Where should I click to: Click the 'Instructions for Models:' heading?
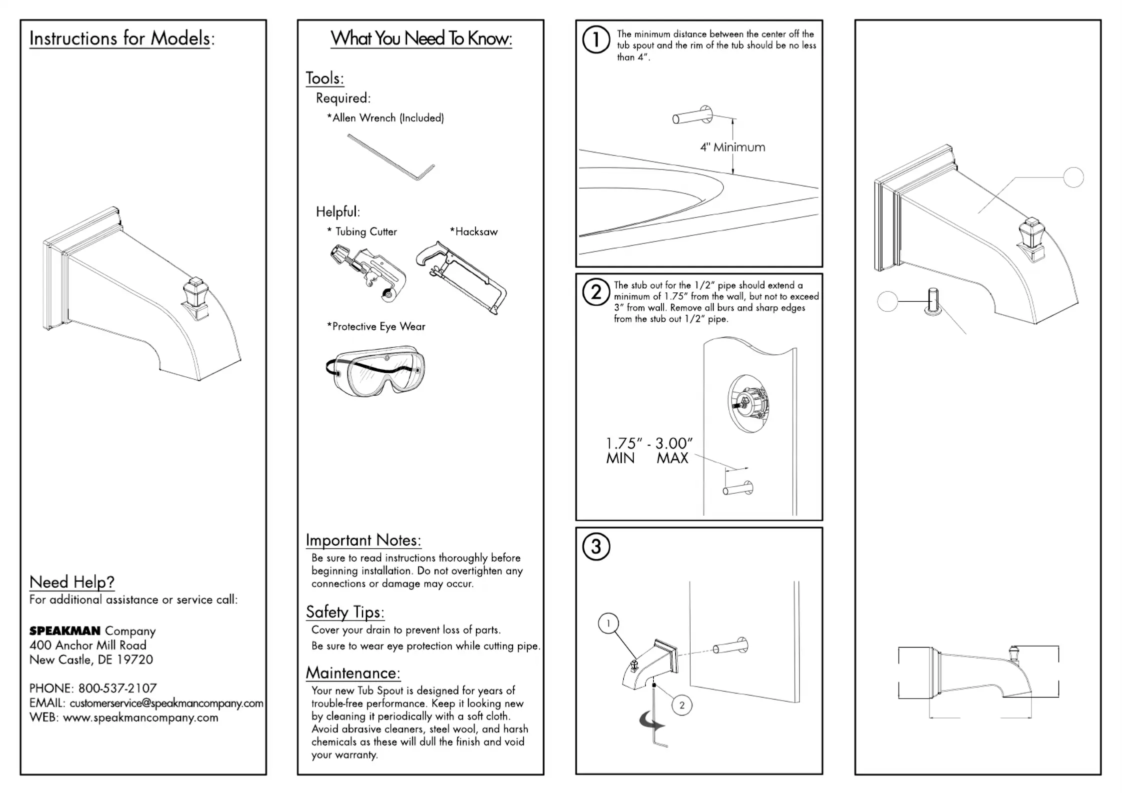coord(122,38)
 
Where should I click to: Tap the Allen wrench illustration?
coord(391,156)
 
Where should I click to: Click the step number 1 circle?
coord(596,40)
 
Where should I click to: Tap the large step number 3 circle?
coord(596,547)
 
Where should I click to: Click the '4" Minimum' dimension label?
coord(732,147)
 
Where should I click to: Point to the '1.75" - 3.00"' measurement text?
coord(649,443)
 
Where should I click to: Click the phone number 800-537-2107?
coord(117,688)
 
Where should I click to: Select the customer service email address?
coord(166,703)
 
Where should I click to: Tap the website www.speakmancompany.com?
coord(140,718)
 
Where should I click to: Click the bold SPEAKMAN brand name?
coord(65,631)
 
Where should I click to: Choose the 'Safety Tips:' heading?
coord(345,612)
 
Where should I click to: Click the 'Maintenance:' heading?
coord(353,673)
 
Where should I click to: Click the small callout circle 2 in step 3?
coord(682,705)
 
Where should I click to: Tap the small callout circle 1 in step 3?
coord(608,623)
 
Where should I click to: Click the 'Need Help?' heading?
coord(72,582)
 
